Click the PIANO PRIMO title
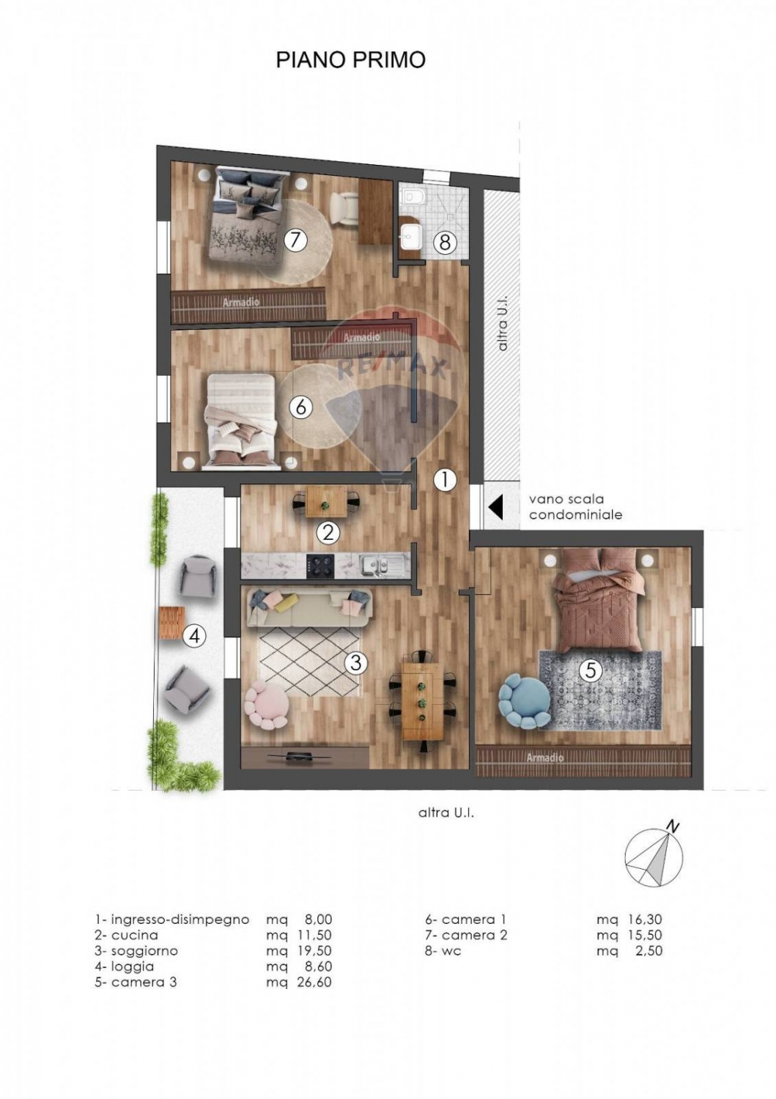click(x=350, y=60)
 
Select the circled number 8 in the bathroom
click(x=445, y=242)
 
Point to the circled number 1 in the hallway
click(x=446, y=480)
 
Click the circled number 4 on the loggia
click(x=194, y=637)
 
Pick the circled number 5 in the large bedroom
click(x=591, y=670)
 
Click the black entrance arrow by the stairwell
click(x=496, y=506)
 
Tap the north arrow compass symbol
click(x=654, y=858)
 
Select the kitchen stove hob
click(x=320, y=565)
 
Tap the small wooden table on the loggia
click(x=171, y=623)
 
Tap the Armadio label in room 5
click(x=545, y=758)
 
